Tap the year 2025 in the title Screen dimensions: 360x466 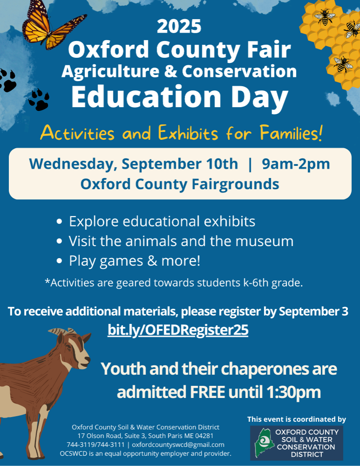179,27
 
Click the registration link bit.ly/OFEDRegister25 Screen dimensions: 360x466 178,330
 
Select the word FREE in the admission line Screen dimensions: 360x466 207,392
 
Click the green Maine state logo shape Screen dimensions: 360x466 264,443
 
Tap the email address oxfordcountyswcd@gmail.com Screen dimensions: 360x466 178,445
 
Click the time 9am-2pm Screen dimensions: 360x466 296,164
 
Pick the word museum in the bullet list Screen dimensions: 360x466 264,241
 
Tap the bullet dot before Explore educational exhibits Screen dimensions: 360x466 60,221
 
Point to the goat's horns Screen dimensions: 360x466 62,331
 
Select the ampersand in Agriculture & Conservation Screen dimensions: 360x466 170,71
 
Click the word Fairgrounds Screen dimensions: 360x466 235,184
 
